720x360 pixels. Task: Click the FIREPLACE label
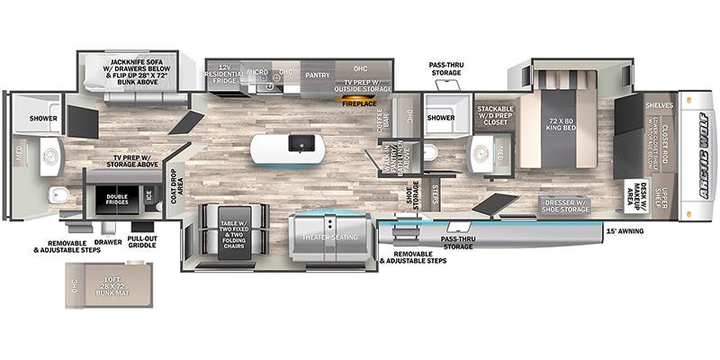[360, 103]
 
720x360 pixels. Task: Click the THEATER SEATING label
[329, 237]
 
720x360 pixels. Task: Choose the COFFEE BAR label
[382, 126]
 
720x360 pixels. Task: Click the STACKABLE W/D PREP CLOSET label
[494, 114]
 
